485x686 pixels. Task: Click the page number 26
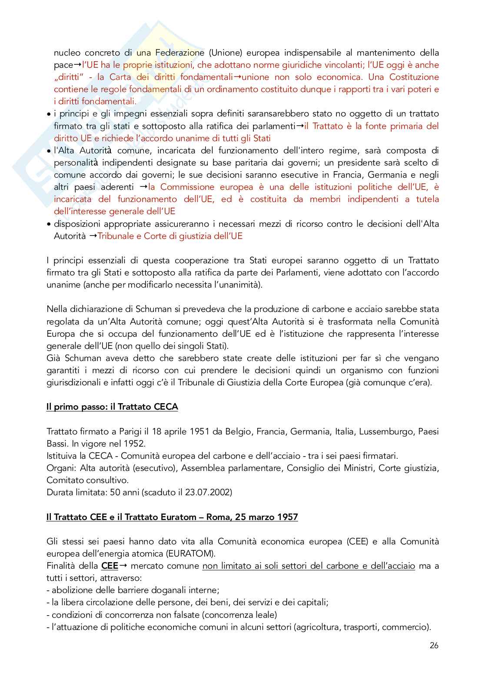434,645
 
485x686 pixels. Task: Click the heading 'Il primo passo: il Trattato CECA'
112,407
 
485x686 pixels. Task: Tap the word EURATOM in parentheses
195,554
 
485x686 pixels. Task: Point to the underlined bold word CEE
110,566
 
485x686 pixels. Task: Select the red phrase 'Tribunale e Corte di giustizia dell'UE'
170,236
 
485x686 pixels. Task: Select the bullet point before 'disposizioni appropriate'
49,225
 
